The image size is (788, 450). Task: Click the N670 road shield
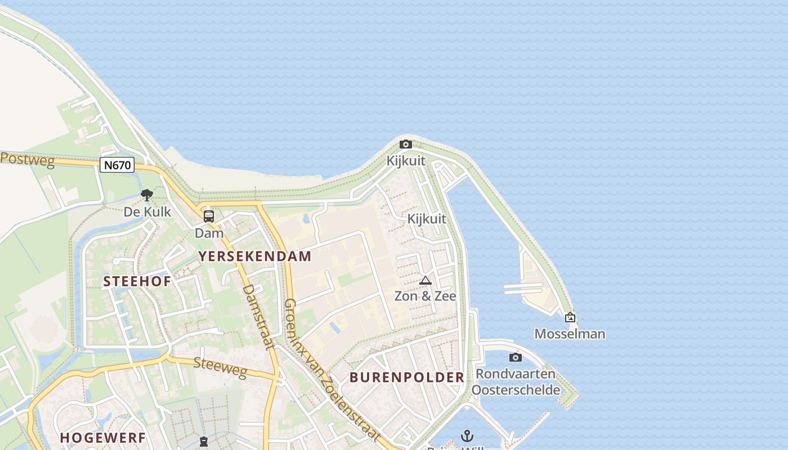click(x=117, y=165)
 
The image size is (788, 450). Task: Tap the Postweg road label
click(x=27, y=160)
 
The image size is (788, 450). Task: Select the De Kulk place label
click(x=147, y=212)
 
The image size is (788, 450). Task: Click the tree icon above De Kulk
click(x=147, y=195)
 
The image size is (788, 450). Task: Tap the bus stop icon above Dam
click(x=209, y=216)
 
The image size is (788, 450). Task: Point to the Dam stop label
click(x=209, y=233)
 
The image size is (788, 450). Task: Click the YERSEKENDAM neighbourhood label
click(x=254, y=256)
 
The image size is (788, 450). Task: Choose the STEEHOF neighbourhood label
click(x=137, y=282)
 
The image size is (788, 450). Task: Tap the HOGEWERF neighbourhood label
click(x=102, y=438)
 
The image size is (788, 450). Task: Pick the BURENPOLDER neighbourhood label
click(x=407, y=377)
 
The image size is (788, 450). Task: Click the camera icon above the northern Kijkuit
click(x=405, y=145)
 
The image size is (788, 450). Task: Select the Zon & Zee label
click(x=425, y=296)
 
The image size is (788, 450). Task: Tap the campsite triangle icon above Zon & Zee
click(x=425, y=281)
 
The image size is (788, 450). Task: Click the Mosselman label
click(x=570, y=334)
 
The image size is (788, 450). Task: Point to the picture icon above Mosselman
click(x=570, y=318)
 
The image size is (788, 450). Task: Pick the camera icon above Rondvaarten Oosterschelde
click(x=515, y=358)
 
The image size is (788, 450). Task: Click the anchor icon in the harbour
click(x=467, y=436)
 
